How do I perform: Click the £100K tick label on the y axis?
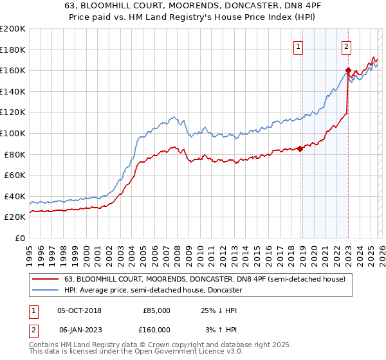(x=13, y=133)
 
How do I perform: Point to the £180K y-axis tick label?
(x=13, y=50)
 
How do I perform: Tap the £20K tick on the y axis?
(x=15, y=217)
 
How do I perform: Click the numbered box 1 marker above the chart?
(x=299, y=46)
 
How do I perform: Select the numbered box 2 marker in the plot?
(x=347, y=46)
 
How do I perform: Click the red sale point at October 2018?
(x=300, y=149)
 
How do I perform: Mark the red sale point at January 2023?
(x=348, y=71)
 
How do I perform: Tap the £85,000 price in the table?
(x=156, y=310)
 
